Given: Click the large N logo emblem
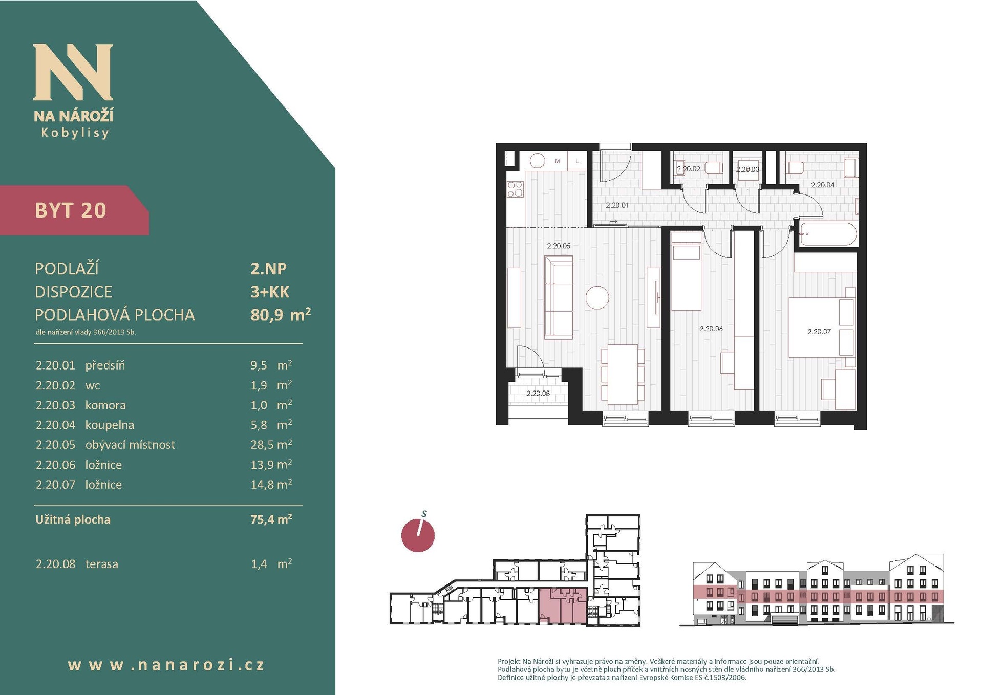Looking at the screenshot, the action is [73, 72].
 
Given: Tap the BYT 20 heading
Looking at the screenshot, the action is [71, 210].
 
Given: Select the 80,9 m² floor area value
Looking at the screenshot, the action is [281, 314].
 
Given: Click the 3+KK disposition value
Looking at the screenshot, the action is [270, 292].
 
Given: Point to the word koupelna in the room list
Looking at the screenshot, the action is [110, 425].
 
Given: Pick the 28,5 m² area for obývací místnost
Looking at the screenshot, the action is [271, 444].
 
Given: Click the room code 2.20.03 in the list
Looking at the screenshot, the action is [55, 405].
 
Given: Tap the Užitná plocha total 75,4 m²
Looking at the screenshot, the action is [271, 519].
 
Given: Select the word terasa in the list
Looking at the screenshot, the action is [101, 564].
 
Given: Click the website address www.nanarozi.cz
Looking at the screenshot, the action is [166, 665].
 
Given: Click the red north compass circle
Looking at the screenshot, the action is [418, 536].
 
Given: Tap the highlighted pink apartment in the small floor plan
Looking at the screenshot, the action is [563, 606].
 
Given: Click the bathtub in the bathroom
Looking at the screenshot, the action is [828, 234].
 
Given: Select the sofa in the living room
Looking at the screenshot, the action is [558, 298].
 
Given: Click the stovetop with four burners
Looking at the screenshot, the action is [515, 189].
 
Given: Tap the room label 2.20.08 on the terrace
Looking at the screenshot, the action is [538, 393].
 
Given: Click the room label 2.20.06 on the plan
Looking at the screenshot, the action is [711, 329].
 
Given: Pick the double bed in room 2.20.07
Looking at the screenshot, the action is [822, 327].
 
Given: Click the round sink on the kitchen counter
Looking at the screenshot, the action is [538, 161].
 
